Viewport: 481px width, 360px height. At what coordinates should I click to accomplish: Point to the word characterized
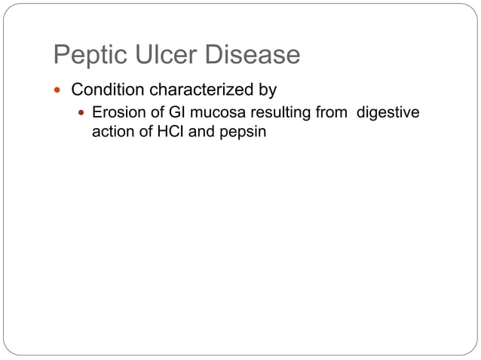(x=203, y=90)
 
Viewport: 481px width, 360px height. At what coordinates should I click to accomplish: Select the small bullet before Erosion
(x=82, y=114)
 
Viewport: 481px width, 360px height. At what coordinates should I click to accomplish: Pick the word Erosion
(x=117, y=114)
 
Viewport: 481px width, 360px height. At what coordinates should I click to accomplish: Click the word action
(x=111, y=130)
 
